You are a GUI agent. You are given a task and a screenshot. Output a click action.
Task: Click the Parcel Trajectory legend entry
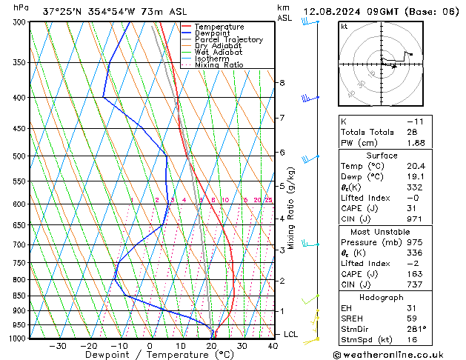click(x=228, y=39)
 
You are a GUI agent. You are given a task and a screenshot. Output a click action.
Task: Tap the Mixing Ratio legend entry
click(x=219, y=65)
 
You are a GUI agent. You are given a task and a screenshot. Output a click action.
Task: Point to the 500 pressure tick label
click(x=20, y=156)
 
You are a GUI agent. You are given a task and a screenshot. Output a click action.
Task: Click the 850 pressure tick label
click(x=20, y=296)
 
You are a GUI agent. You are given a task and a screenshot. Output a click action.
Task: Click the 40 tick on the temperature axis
click(x=273, y=345)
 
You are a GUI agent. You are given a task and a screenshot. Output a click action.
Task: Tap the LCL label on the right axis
click(x=292, y=335)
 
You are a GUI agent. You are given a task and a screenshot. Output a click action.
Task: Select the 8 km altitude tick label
click(x=282, y=83)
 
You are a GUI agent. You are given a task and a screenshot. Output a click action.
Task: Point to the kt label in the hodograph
click(x=344, y=26)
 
